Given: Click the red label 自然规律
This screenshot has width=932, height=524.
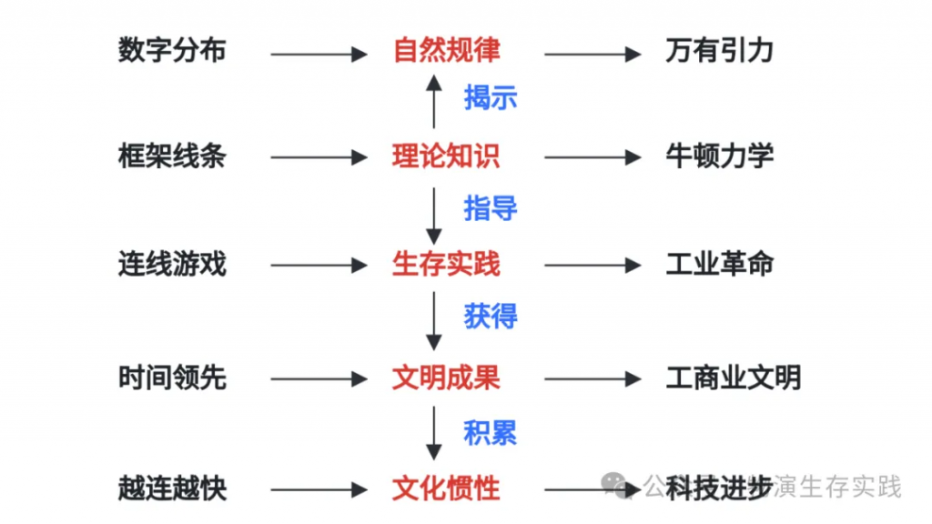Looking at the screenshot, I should click(x=446, y=50).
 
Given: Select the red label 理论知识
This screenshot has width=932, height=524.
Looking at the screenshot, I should click(x=446, y=156).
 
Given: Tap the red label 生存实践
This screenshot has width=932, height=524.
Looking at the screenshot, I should click(x=446, y=265).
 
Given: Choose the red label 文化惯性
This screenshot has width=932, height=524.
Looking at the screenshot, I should click(x=446, y=489).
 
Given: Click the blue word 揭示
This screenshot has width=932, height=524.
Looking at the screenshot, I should click(x=491, y=97).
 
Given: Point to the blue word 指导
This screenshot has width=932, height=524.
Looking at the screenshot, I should click(x=491, y=208).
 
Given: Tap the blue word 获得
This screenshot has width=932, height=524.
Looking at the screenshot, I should click(x=491, y=317).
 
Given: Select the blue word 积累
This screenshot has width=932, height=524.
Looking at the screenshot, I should click(x=491, y=432).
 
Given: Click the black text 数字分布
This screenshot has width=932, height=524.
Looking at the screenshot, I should click(x=172, y=50).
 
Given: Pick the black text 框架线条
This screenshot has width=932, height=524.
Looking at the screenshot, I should click(x=172, y=156).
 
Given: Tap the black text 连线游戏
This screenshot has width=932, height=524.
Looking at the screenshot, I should click(x=172, y=265).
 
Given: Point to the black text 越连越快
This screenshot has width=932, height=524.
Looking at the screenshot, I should click(x=172, y=489).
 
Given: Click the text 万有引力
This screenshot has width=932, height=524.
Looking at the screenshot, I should click(x=719, y=50).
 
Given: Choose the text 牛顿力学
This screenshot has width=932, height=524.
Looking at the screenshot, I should click(x=719, y=156).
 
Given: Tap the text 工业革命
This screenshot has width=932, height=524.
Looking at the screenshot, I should click(x=719, y=265).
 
